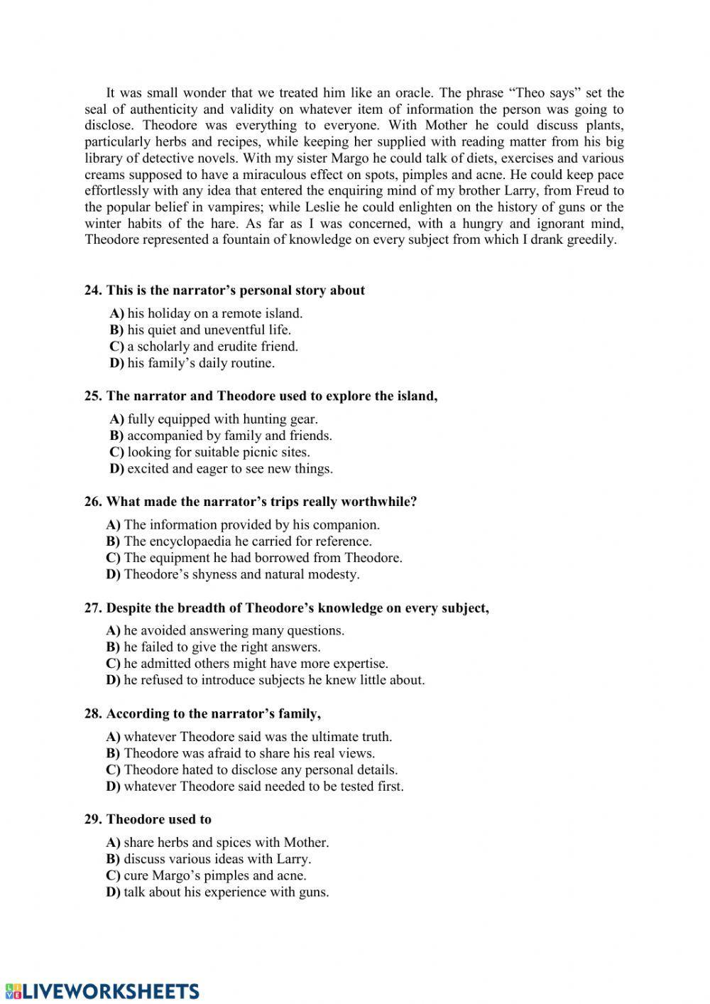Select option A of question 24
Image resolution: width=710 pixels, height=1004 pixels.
point(117,313)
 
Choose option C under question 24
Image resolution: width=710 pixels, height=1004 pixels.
point(117,347)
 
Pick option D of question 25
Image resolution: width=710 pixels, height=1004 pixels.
point(117,469)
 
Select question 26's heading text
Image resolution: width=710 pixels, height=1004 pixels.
point(261,502)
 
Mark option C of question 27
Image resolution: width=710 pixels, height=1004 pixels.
point(114,664)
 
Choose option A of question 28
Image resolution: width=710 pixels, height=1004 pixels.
point(114,738)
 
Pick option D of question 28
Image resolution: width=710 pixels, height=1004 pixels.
point(114,787)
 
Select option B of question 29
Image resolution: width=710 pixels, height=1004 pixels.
point(114,859)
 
